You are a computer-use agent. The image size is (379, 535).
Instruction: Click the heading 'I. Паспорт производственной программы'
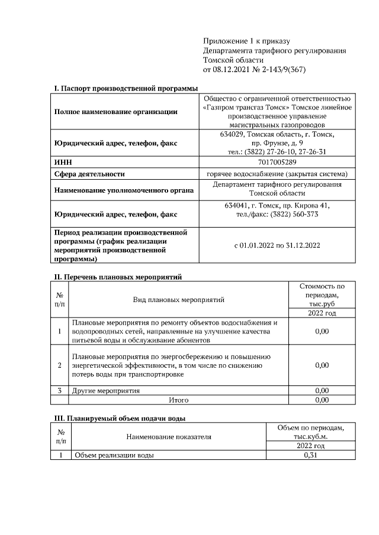point(126,88)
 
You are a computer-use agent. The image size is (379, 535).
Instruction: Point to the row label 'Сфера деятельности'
point(89,174)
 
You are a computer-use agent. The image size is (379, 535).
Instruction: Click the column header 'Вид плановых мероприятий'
point(178,300)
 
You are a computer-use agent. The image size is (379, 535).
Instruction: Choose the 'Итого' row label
point(178,400)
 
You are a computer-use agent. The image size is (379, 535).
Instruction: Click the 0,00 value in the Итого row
point(322,400)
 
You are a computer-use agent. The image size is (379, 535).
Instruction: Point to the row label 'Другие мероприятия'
point(106,391)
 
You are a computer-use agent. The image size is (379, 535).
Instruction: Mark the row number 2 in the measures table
point(60,365)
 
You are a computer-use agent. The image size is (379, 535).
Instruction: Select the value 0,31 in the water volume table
point(310,456)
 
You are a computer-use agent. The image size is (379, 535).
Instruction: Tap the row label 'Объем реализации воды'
point(113,456)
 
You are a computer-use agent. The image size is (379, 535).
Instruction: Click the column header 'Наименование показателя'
point(168,437)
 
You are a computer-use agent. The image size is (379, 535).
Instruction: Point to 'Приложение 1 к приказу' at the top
point(246,41)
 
